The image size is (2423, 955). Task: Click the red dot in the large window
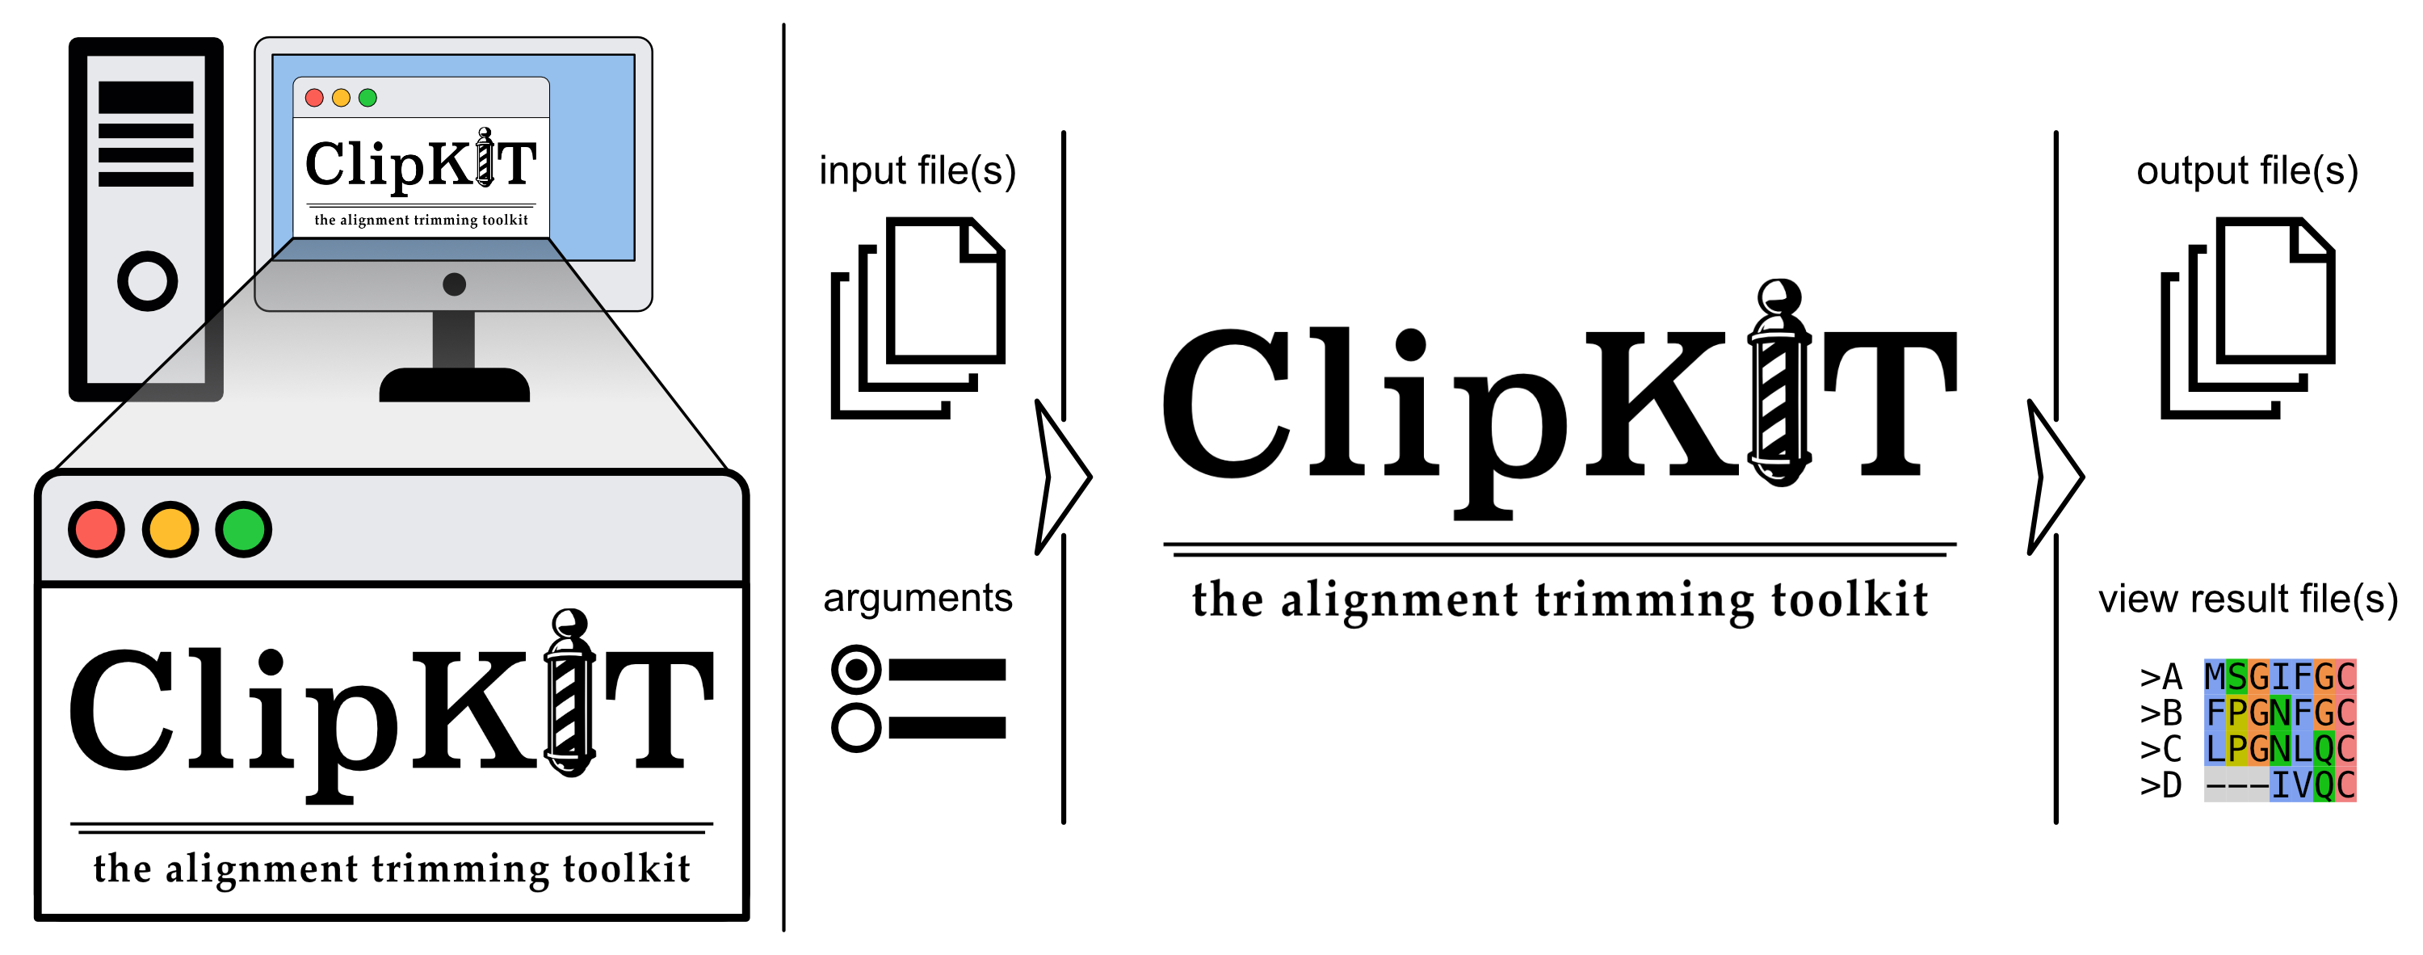(96, 530)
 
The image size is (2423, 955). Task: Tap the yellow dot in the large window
(170, 530)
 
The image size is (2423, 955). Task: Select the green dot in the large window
(244, 530)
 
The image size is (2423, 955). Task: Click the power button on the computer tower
(148, 280)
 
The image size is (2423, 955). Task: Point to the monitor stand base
(454, 385)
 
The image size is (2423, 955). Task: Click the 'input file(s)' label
(917, 171)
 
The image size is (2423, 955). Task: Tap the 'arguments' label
(917, 599)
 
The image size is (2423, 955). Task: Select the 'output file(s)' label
(2247, 171)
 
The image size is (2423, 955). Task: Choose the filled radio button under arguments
(856, 670)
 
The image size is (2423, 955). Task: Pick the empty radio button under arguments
(856, 726)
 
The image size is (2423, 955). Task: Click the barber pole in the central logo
(1778, 385)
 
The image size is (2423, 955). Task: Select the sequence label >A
(2161, 677)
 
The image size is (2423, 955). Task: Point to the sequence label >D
(2161, 785)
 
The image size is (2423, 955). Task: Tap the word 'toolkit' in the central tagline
(1850, 600)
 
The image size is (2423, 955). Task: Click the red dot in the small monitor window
(315, 98)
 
